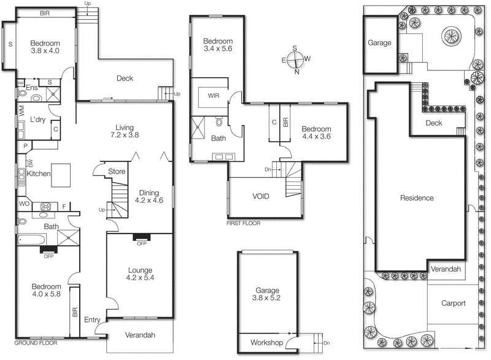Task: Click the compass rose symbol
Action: (295, 59)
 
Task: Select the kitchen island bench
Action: (60, 174)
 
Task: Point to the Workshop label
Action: (266, 342)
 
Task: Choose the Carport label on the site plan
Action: (454, 303)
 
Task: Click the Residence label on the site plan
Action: (417, 197)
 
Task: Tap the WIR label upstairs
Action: (214, 96)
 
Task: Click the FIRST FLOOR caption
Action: (243, 223)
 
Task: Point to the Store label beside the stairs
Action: (116, 171)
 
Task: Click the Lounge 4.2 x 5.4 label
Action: (139, 274)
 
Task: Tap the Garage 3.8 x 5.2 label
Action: (267, 294)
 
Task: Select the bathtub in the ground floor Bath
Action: (31, 239)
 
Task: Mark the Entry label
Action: (93, 320)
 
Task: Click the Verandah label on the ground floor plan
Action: (141, 335)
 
